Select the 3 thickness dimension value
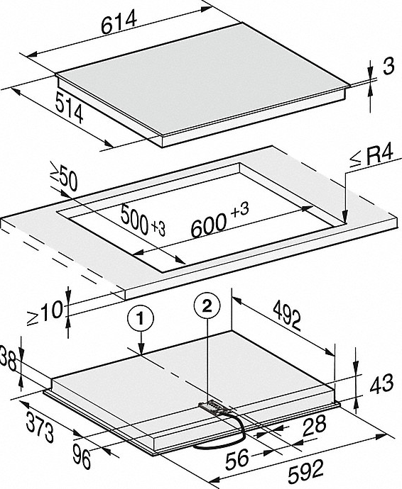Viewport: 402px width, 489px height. (x=387, y=67)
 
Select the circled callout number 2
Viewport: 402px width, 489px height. (x=207, y=307)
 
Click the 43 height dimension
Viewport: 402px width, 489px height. (x=381, y=385)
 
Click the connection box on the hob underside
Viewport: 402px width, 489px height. (x=210, y=407)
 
